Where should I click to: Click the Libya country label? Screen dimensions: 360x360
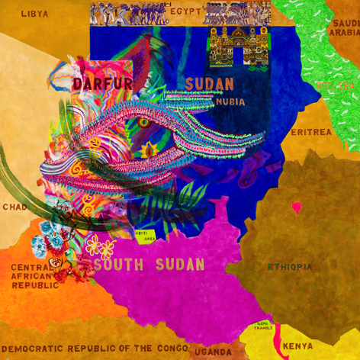pyautogui.click(x=34, y=13)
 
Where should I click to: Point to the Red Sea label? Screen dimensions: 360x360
pyautogui.click(x=330, y=85)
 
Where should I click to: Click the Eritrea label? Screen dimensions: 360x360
pyautogui.click(x=311, y=132)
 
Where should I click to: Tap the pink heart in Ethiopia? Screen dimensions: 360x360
pyautogui.click(x=297, y=206)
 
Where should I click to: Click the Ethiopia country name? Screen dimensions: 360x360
pyautogui.click(x=289, y=266)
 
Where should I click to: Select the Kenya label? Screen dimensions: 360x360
pyautogui.click(x=297, y=346)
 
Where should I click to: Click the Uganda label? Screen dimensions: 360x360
pyautogui.click(x=211, y=352)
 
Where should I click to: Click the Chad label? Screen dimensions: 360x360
pyautogui.click(x=14, y=207)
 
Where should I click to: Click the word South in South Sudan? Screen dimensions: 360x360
pyautogui.click(x=121, y=265)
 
